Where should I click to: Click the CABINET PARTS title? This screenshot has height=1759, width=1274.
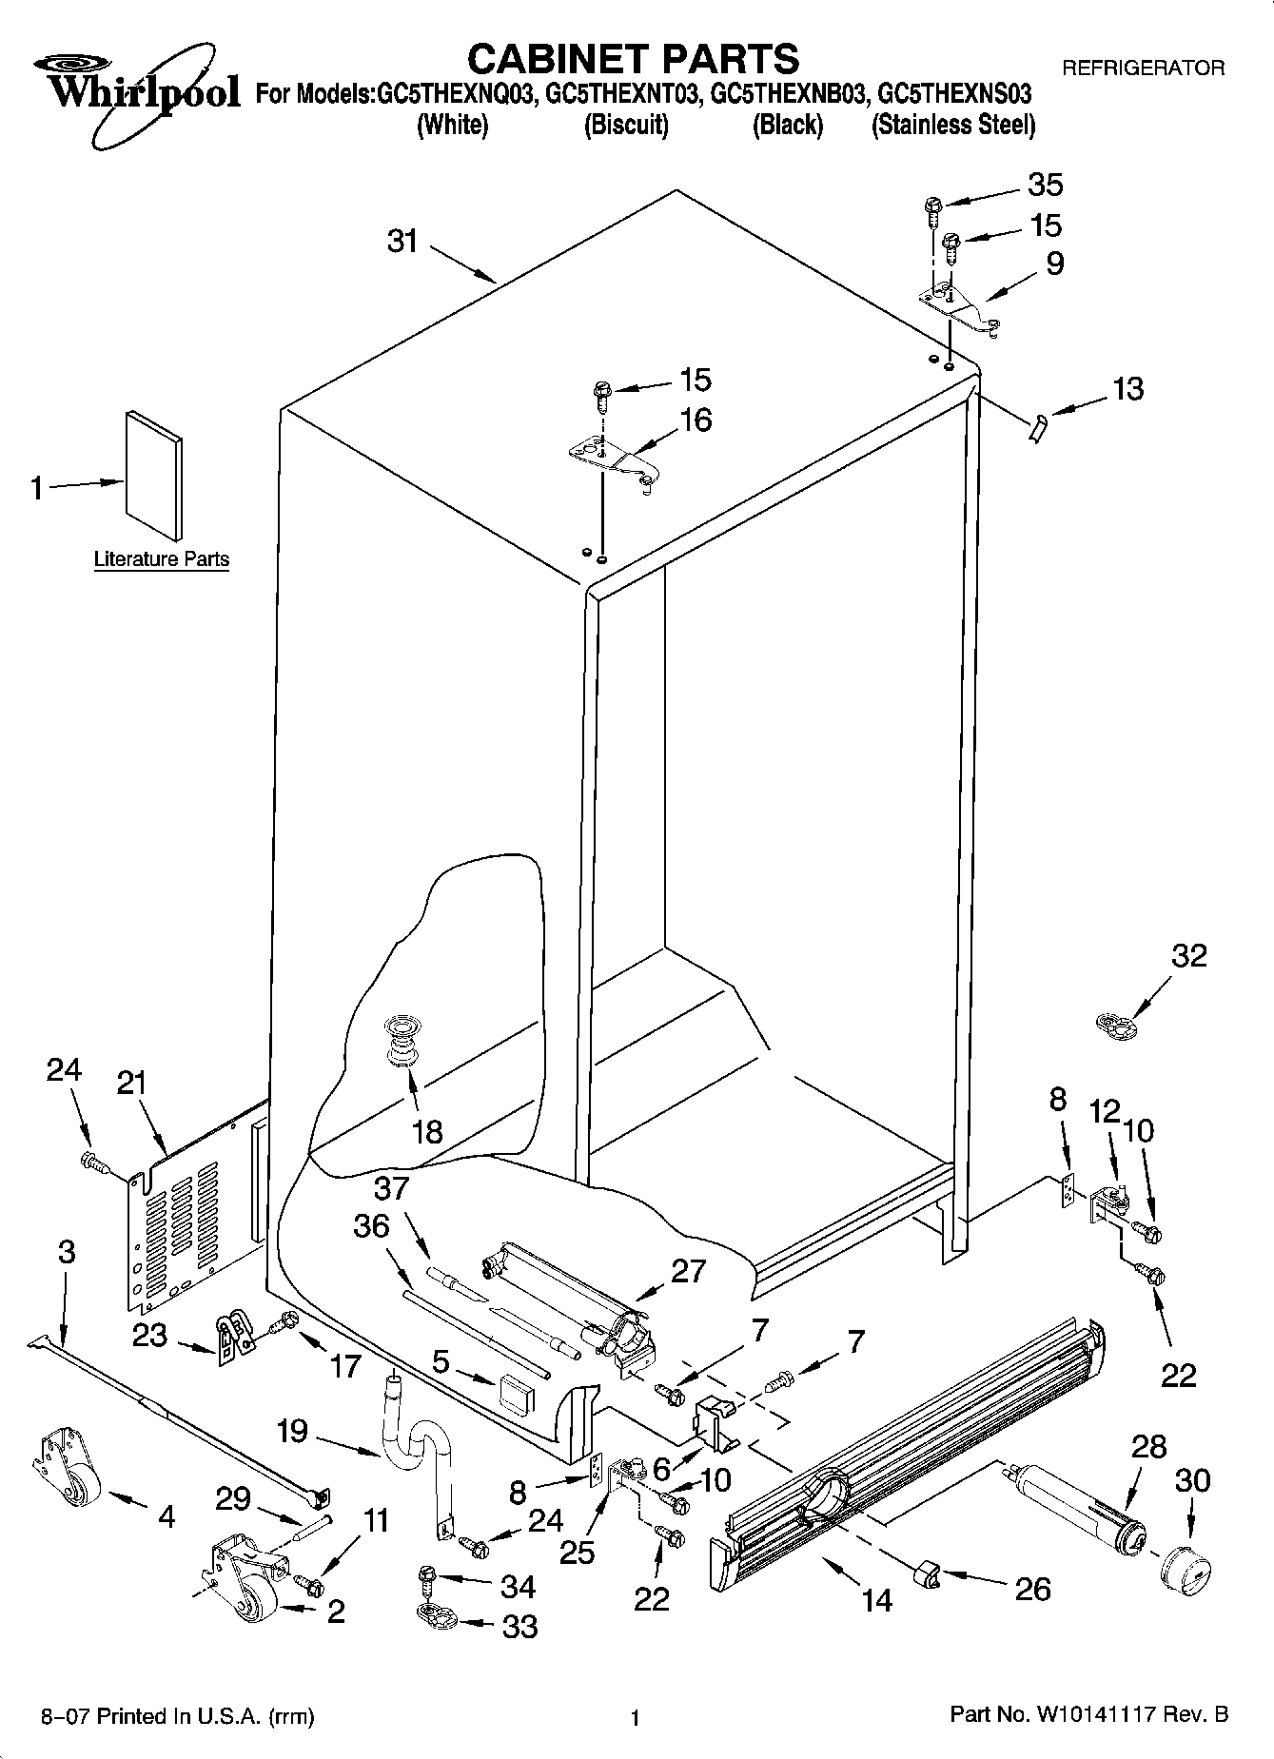633,59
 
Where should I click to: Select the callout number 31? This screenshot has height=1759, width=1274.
402,242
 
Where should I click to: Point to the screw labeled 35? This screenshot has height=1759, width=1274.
932,208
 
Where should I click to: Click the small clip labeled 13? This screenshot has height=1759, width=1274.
1037,427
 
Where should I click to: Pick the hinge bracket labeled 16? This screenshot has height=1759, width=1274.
609,459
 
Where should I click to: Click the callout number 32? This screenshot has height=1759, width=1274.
1188,956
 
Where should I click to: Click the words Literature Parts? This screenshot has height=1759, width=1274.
162,559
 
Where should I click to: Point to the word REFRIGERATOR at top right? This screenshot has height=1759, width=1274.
1143,68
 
